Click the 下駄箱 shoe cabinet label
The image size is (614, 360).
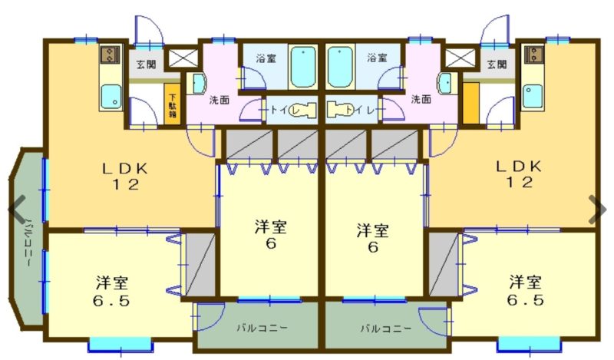pos(172,105)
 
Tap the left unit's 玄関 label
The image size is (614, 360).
pos(146,64)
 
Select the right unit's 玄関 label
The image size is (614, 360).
pos(497,64)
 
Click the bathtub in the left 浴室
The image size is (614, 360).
pos(303,67)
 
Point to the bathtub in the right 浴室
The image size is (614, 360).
pos(341,67)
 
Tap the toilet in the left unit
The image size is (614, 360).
pos(303,110)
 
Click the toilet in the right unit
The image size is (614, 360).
pos(340,109)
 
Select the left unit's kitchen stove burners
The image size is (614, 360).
pos(110,54)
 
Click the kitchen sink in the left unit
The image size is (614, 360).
pos(111,97)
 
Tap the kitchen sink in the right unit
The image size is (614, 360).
pos(533,96)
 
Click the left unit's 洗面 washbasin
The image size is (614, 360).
pos(198,84)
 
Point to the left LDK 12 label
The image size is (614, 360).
pos(125,177)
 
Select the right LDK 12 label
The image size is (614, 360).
pos(519,174)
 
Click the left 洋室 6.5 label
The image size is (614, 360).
pos(112,292)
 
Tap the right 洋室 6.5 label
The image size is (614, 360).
pos(526,290)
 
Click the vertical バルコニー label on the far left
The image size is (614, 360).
pos(29,243)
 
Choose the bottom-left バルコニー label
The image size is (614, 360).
pos(262,328)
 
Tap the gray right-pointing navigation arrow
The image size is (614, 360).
pos(598,209)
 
